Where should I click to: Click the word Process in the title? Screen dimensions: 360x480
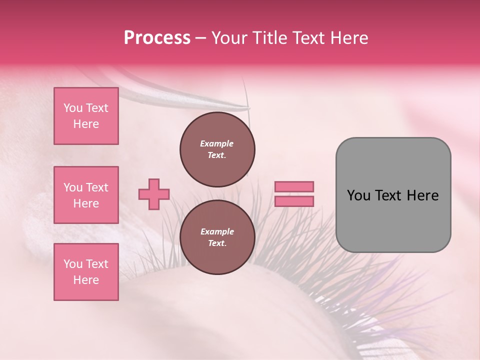[157, 38]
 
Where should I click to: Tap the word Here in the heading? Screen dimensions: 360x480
[348, 38]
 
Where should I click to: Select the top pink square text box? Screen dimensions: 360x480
[86, 116]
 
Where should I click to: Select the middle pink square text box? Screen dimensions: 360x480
[86, 195]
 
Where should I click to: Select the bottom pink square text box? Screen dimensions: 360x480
[86, 272]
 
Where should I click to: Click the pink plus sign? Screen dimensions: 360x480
[154, 194]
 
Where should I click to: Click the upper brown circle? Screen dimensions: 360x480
[217, 149]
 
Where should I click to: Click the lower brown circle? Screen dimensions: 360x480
[217, 237]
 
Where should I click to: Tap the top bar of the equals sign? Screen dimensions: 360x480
[294, 187]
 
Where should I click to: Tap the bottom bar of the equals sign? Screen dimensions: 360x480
[294, 201]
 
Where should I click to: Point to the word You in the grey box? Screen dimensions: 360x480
[358, 195]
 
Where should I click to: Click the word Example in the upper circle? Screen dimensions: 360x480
[217, 144]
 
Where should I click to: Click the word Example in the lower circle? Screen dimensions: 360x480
[217, 232]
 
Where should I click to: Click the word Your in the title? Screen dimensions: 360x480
[228, 38]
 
